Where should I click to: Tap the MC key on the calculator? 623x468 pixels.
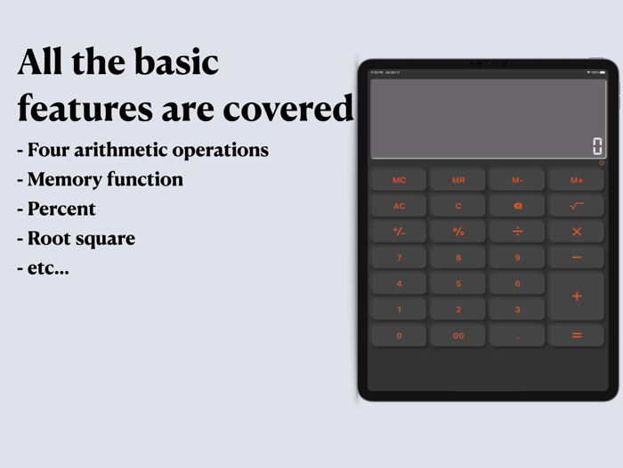tap(399, 180)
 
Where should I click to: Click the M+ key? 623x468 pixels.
tap(577, 180)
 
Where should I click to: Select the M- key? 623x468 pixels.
tap(517, 180)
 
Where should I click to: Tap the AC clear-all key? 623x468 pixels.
tap(399, 206)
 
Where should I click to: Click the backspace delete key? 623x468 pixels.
tap(517, 206)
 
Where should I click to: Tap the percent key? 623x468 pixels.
tap(458, 232)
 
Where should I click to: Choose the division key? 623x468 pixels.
tap(517, 232)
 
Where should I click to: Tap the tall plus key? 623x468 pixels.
tap(577, 296)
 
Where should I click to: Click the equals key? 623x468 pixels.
tap(577, 335)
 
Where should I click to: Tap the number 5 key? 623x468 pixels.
tap(458, 283)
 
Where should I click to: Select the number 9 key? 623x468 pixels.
tap(517, 258)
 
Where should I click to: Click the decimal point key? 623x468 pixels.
tap(517, 335)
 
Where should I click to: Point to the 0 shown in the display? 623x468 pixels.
tap(597, 147)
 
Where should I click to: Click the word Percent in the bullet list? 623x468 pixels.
tap(61, 209)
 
